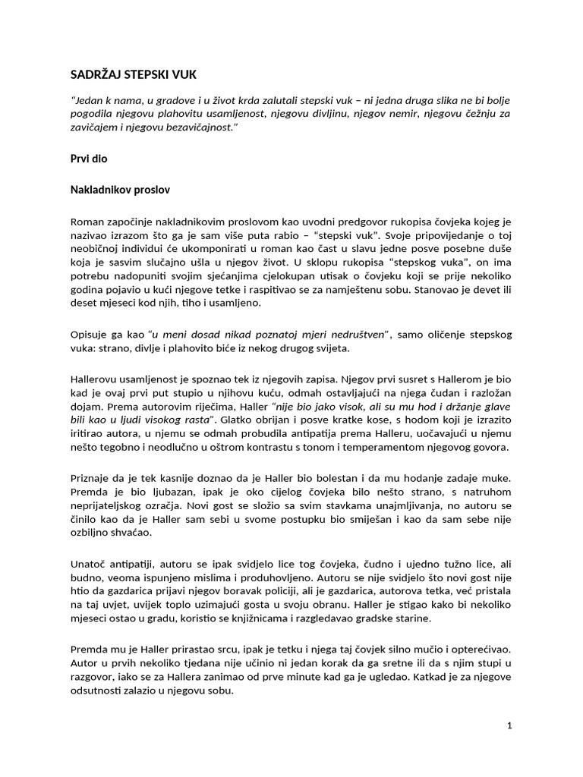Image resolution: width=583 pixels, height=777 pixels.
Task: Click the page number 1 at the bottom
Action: click(510, 725)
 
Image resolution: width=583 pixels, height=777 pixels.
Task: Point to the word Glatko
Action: click(242, 417)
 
